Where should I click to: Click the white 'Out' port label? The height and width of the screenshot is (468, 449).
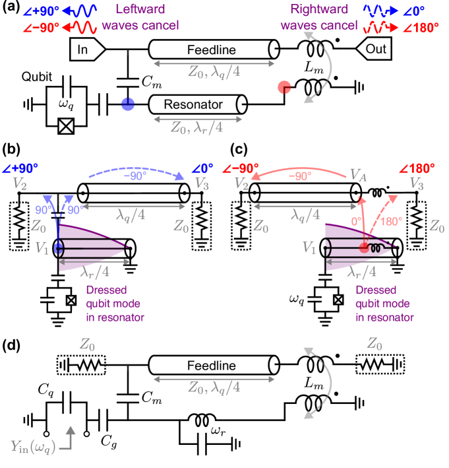pos(373,50)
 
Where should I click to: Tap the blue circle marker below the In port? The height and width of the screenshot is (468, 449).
pos(128,104)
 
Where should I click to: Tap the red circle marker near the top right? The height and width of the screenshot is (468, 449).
pos(284,87)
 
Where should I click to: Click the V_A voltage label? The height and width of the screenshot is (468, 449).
pos(357,175)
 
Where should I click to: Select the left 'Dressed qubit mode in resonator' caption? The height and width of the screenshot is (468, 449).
pos(115,304)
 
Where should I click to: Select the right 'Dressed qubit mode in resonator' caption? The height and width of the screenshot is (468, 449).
pos(384,304)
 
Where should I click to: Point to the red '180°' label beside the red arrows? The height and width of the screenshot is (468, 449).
pos(391,222)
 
